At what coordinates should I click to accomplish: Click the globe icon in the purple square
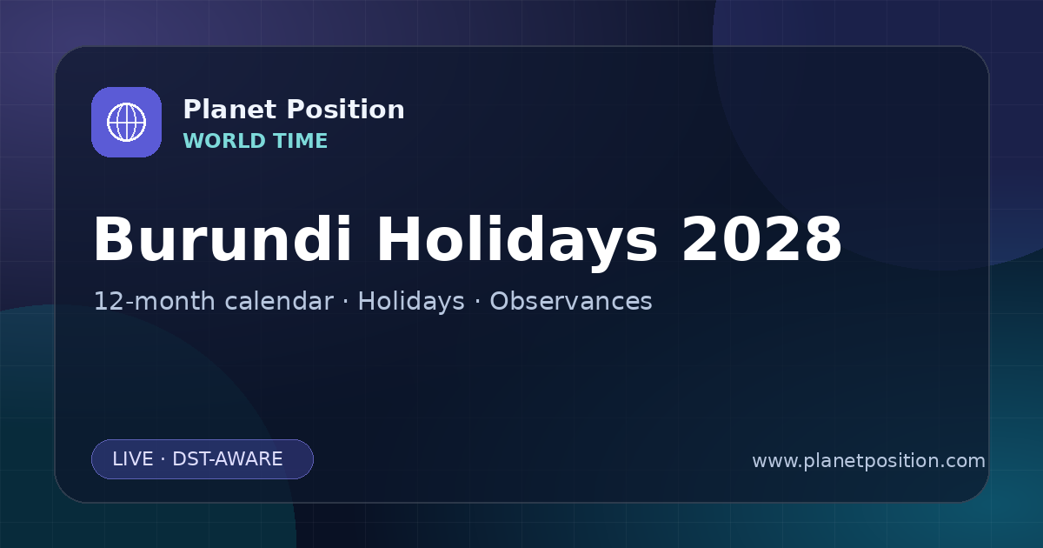(x=126, y=122)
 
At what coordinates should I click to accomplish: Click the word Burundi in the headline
(x=223, y=239)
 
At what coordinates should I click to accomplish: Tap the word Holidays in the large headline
(x=517, y=243)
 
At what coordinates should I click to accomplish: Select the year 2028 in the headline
(x=761, y=239)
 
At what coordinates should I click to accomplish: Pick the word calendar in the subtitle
(x=279, y=301)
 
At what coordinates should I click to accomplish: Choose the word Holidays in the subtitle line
(x=411, y=302)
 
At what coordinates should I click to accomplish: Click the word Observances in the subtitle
(x=571, y=301)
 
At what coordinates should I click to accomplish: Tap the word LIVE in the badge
(x=133, y=459)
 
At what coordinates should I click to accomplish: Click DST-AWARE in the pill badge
(x=227, y=459)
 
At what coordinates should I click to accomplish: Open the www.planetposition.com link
(x=869, y=461)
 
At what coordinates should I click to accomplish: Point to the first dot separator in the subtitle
(x=346, y=302)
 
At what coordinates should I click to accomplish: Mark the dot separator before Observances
(x=477, y=302)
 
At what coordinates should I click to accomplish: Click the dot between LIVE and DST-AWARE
(x=163, y=459)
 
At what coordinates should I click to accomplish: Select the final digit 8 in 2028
(x=823, y=239)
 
